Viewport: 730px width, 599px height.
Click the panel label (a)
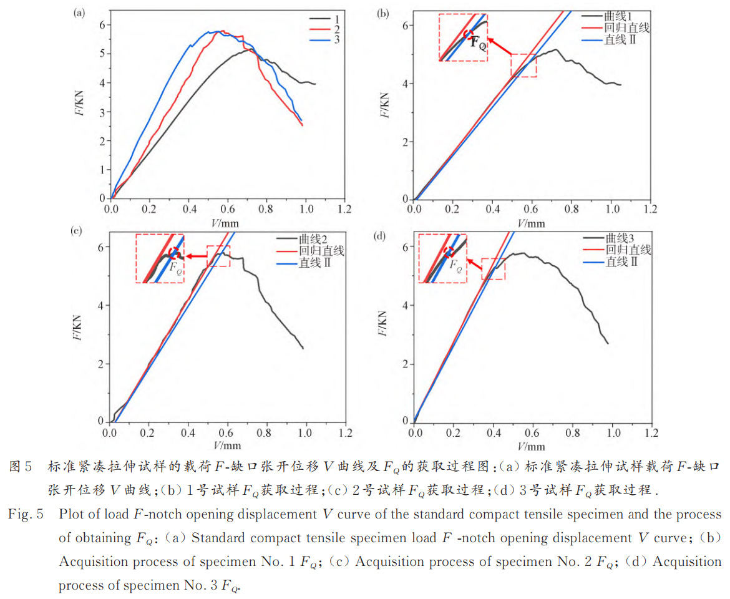point(79,12)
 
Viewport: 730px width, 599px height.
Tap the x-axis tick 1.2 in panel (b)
point(650,209)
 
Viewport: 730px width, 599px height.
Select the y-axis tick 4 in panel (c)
point(100,306)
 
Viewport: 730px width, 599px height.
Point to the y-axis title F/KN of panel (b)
point(385,105)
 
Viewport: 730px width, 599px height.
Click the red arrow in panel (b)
point(499,47)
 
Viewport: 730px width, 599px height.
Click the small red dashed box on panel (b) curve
point(523,66)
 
